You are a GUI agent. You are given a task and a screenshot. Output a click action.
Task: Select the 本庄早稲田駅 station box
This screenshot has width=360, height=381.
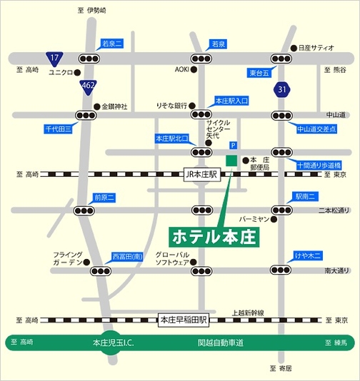[183, 320]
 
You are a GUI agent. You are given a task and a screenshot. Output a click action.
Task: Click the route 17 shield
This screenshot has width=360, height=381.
[54, 57]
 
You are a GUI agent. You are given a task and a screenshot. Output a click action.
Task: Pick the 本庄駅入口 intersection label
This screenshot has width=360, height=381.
[231, 102]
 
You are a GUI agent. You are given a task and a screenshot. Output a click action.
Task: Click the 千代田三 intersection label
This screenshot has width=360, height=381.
[61, 129]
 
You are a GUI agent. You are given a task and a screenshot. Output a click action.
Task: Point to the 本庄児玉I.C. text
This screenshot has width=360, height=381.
[114, 342]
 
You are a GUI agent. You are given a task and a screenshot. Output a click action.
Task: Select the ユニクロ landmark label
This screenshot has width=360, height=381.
[61, 73]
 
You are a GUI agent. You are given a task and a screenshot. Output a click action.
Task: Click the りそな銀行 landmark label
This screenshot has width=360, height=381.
[171, 105]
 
